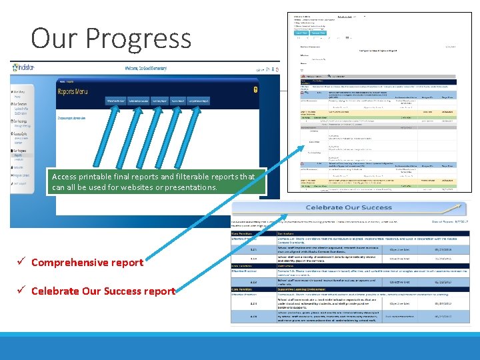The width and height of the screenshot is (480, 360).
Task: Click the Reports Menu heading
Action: [76, 91]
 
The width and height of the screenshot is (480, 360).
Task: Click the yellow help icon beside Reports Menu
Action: [255, 89]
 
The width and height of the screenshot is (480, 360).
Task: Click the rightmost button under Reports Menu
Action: [197, 101]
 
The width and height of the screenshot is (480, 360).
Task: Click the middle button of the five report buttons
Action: [159, 101]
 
